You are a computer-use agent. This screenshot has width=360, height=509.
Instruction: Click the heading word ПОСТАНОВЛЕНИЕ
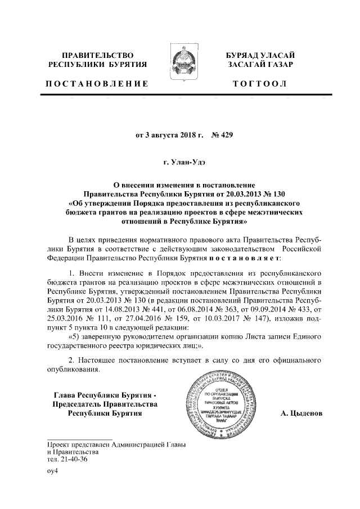[97, 84]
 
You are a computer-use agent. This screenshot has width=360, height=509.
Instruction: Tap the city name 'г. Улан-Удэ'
[180, 164]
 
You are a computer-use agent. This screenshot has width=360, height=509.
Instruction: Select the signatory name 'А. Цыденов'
[301, 414]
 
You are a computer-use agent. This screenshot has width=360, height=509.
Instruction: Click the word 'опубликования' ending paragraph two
[73, 370]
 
